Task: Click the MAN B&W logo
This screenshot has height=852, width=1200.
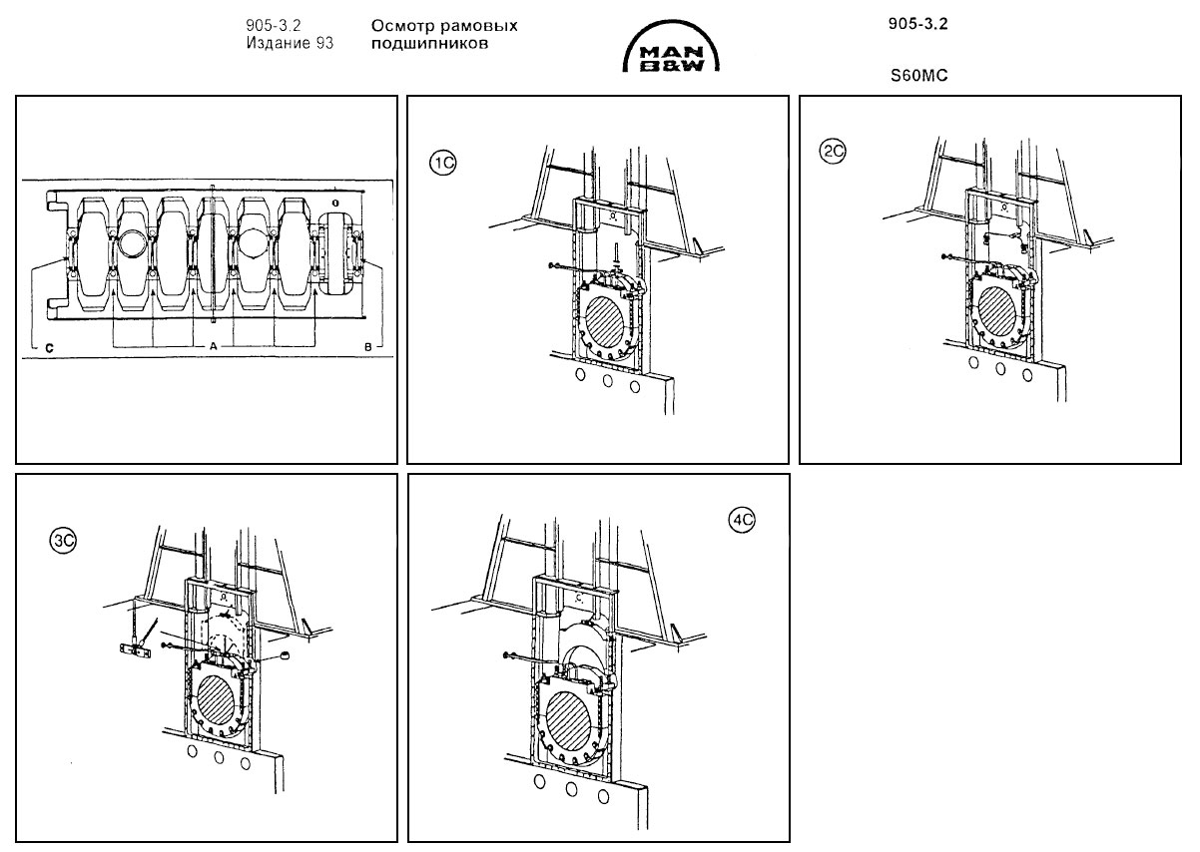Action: coord(676,51)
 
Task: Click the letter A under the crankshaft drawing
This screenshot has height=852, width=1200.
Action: coord(213,345)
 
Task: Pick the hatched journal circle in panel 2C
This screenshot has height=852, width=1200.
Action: coord(999,311)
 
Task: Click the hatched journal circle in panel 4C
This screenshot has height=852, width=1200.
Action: coord(573,712)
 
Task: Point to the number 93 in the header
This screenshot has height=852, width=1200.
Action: coord(323,44)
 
